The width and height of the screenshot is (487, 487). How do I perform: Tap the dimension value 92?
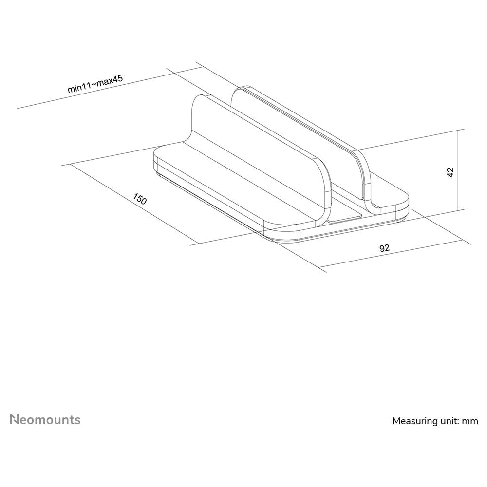tap(385, 248)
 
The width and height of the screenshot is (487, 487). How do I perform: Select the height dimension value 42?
tap(450, 172)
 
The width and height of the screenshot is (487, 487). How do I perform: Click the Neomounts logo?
tap(46, 419)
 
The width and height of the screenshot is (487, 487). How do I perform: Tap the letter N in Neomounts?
tap(15, 419)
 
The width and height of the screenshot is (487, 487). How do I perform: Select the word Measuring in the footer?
tap(414, 421)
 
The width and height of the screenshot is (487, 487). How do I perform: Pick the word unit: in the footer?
tap(449, 421)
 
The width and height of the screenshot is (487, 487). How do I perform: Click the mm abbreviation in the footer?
tap(470, 421)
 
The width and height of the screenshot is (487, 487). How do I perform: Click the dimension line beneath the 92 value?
tap(390, 254)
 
